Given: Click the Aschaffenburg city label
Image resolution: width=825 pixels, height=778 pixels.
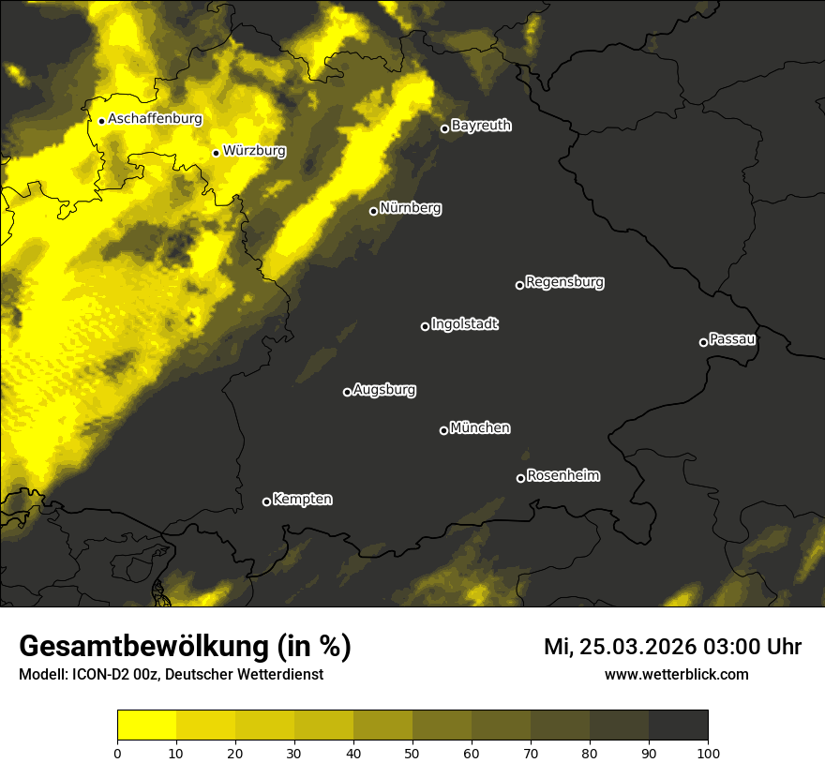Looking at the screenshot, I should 155,119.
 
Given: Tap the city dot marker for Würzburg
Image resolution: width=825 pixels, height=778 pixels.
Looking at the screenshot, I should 216,153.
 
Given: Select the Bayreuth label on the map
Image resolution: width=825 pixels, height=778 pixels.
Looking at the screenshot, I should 481,126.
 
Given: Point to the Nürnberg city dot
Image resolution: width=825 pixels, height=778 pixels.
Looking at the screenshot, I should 373,211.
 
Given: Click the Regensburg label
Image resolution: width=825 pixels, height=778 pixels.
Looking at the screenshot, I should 564,281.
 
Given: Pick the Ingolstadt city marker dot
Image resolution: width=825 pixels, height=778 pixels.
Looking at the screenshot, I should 425,326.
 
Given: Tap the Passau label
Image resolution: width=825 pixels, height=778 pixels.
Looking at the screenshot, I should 732,338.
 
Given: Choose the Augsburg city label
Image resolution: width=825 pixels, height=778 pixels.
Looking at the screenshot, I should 384,389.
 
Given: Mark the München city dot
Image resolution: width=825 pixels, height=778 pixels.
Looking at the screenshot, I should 443,430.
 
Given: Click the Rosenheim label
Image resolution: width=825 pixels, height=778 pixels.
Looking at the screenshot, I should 562,475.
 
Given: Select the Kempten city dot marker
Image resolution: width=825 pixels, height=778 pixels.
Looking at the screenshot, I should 266,501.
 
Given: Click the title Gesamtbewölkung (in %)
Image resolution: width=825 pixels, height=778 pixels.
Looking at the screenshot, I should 185,647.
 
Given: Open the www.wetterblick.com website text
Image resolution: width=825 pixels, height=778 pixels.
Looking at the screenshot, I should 676,674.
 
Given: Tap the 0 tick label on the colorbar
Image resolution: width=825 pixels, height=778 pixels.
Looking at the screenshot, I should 117,753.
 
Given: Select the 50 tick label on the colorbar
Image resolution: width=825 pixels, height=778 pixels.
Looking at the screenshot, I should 412,753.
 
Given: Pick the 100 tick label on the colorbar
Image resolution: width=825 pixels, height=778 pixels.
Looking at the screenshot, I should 708,753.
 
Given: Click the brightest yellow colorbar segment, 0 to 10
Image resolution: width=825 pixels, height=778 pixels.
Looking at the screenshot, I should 147,725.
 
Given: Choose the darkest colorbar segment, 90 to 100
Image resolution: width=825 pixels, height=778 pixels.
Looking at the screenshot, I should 678,725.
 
